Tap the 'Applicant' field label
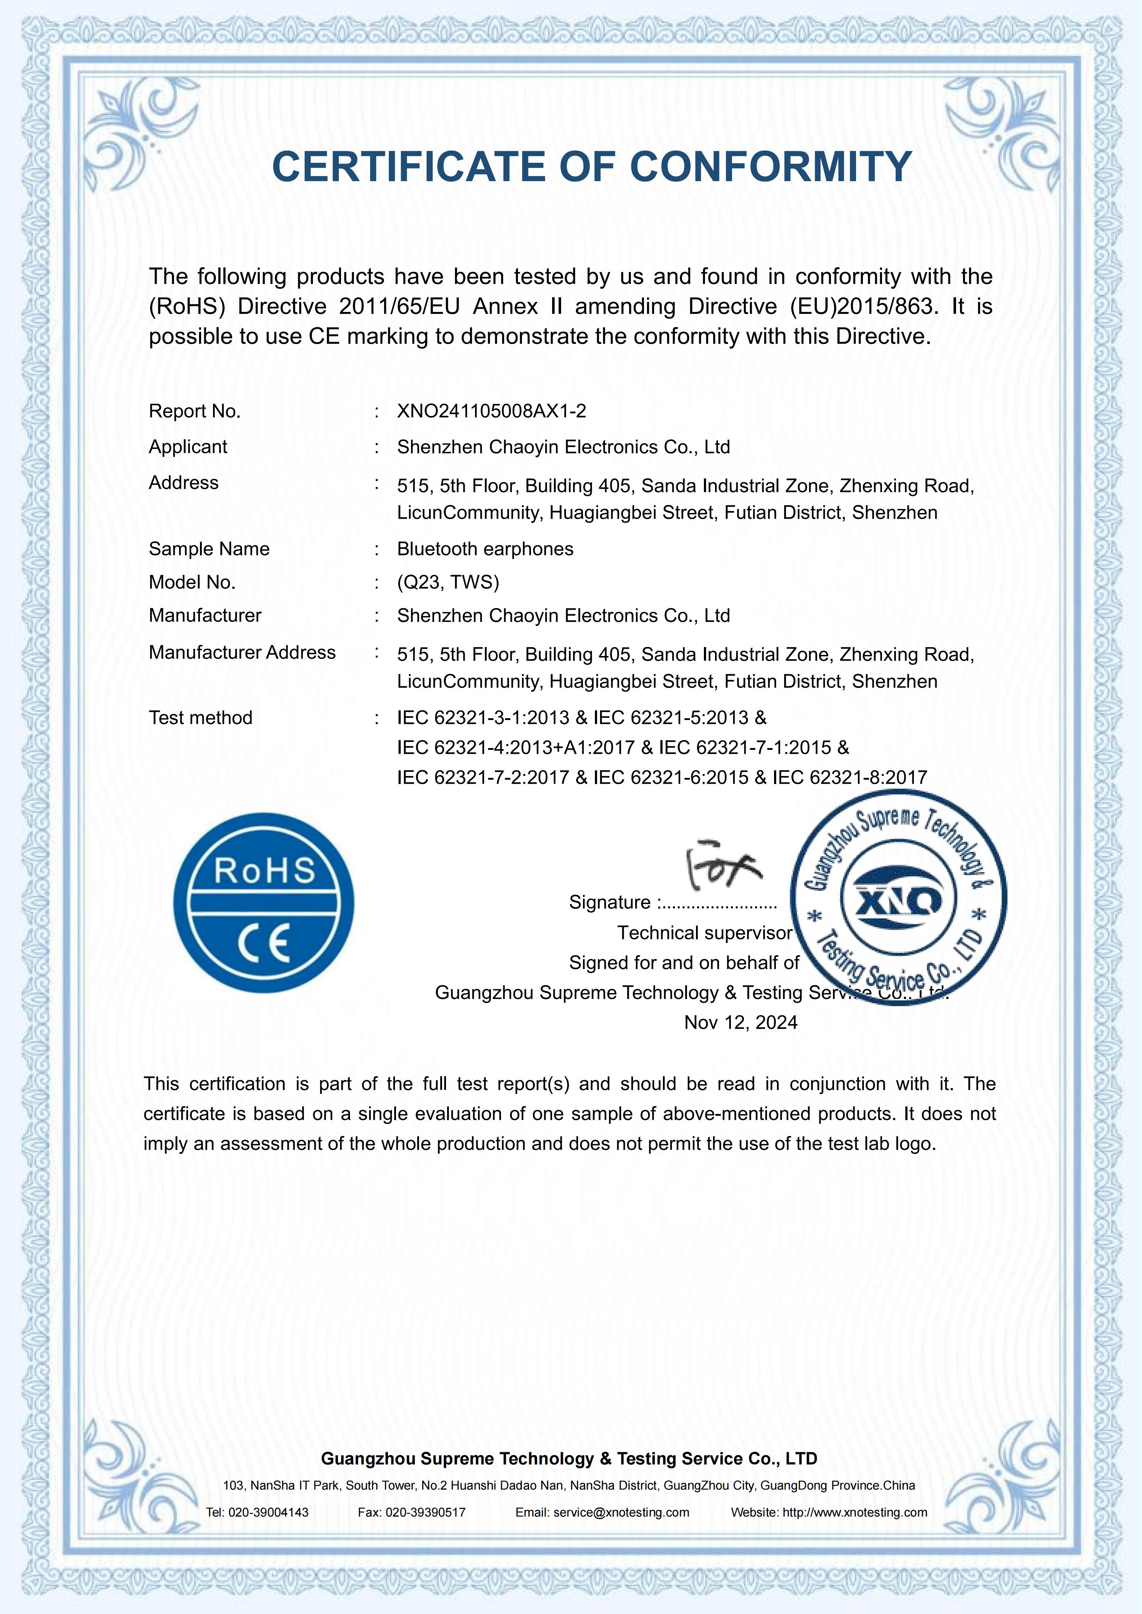click(188, 447)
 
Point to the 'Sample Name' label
click(209, 549)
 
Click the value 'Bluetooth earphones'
click(485, 549)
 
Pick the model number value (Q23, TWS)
click(448, 582)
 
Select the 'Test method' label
click(200, 718)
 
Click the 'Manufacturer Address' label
click(242, 652)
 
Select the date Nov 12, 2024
click(741, 1022)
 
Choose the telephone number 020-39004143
click(268, 1512)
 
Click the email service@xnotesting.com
click(621, 1512)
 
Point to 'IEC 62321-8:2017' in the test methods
click(850, 778)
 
